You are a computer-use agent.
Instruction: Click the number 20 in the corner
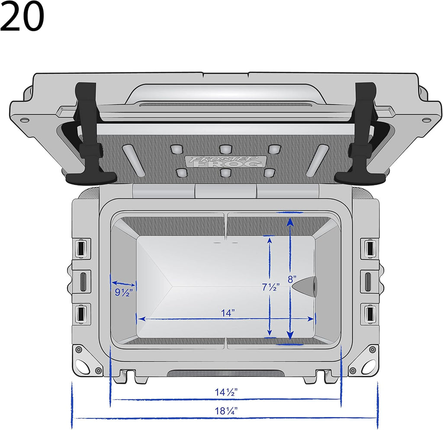point(22,16)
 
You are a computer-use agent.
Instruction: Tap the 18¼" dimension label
point(226,411)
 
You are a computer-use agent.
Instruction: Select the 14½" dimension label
point(226,392)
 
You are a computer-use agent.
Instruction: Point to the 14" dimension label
point(228,313)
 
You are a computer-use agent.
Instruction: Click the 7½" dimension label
point(271,287)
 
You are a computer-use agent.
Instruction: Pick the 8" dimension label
point(292,279)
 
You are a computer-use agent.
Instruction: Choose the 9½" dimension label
point(123,292)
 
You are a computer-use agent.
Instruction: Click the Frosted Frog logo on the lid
point(225,162)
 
